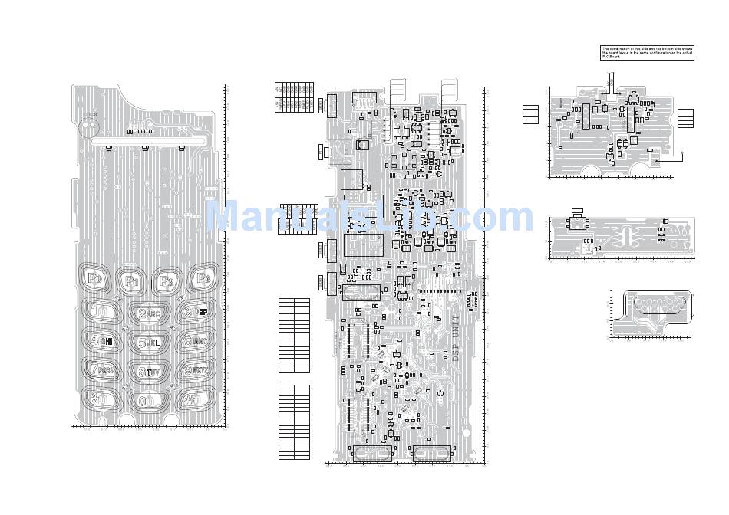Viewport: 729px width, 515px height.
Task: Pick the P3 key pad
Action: click(x=202, y=278)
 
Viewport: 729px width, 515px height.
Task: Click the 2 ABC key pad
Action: click(x=148, y=313)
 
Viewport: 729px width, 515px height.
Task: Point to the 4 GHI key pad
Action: click(x=101, y=341)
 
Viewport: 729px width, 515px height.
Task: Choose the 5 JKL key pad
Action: click(x=149, y=343)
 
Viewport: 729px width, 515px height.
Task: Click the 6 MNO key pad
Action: click(x=195, y=340)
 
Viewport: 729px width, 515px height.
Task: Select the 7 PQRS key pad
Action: click(x=101, y=370)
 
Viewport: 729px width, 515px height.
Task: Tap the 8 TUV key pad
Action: click(x=149, y=372)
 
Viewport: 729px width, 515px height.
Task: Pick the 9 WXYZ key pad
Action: click(x=195, y=370)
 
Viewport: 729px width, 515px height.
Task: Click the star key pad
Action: click(x=101, y=399)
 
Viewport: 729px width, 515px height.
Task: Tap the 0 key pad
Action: click(x=148, y=401)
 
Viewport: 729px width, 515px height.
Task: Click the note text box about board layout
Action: click(x=647, y=52)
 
